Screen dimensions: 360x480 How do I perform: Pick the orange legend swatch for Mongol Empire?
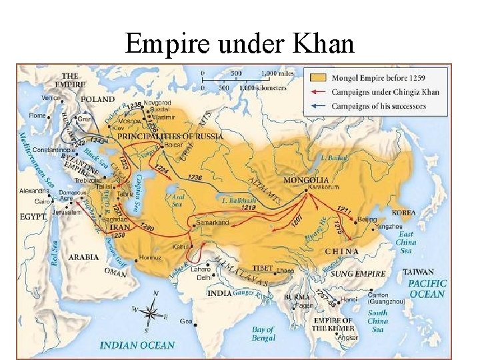click(x=318, y=78)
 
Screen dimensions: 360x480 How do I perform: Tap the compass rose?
click(x=153, y=311)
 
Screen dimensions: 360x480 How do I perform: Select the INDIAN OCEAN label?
click(x=137, y=345)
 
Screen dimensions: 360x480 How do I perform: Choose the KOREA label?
click(x=403, y=213)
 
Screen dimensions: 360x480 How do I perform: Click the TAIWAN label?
click(x=419, y=272)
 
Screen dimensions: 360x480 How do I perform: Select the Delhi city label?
click(x=204, y=277)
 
